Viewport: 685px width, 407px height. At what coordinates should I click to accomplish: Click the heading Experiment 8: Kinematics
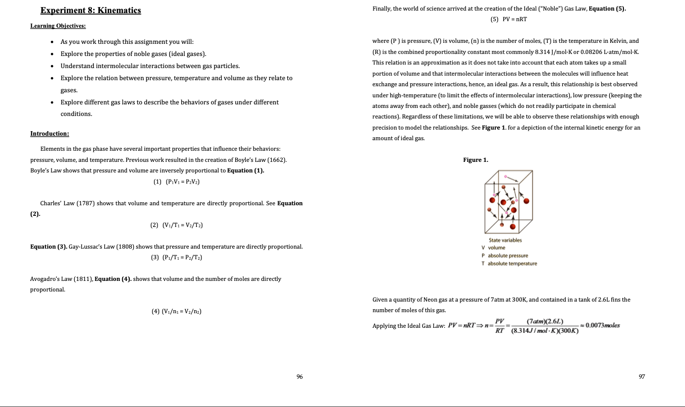pos(90,11)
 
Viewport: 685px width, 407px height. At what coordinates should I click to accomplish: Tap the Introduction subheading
pos(49,134)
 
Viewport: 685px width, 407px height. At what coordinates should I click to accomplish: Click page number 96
pos(299,376)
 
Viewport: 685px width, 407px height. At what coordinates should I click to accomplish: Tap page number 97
pos(642,376)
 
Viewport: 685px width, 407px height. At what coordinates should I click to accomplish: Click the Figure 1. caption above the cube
pos(476,160)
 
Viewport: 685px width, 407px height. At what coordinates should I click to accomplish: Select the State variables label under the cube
pos(505,240)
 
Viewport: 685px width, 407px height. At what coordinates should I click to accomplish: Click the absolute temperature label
pos(512,263)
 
